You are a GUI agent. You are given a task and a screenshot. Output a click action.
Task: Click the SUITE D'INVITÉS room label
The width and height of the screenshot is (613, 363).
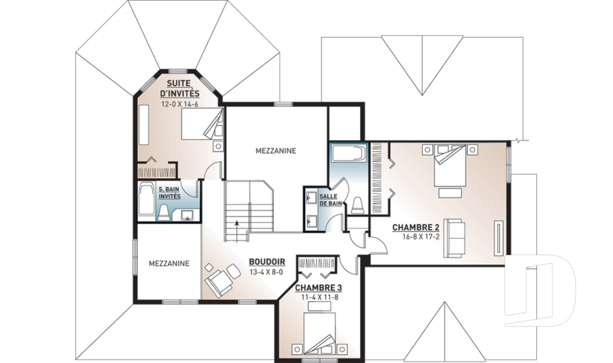[x=180, y=88]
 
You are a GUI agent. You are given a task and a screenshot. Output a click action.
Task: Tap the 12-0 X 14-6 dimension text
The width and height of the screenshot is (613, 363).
[x=180, y=105]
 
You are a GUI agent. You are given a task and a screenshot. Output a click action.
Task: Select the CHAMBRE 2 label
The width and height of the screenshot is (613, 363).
[x=416, y=227]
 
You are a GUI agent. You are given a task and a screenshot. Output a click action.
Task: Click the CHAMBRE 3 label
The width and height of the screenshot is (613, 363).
[x=318, y=288]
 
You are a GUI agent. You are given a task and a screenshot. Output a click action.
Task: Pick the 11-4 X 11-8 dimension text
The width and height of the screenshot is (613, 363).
[x=319, y=297]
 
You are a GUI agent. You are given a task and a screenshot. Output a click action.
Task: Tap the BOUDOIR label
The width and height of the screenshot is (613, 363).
[x=267, y=262]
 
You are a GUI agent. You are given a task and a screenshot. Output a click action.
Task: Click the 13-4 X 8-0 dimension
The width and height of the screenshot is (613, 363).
[x=266, y=272]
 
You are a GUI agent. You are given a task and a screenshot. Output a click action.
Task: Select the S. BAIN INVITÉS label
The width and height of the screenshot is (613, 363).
[x=169, y=193]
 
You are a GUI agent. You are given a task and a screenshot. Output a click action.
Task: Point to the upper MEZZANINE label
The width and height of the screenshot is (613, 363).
[x=276, y=151]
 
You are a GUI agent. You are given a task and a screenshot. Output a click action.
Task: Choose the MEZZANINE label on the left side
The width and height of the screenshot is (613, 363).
[x=169, y=263]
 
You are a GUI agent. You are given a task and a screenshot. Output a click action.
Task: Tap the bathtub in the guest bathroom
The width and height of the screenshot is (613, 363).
[x=146, y=200]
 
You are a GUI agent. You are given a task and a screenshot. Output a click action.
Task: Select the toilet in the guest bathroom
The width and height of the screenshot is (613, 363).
[x=163, y=212]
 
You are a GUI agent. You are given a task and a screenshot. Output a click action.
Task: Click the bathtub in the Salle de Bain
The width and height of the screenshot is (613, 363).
[x=349, y=154]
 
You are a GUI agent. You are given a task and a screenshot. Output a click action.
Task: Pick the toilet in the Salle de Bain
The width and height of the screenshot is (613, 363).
[x=358, y=205]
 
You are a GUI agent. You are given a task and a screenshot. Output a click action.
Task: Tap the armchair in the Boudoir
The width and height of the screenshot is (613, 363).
[x=219, y=281]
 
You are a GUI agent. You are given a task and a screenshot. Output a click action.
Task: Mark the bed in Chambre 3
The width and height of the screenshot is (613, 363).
[x=319, y=331]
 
